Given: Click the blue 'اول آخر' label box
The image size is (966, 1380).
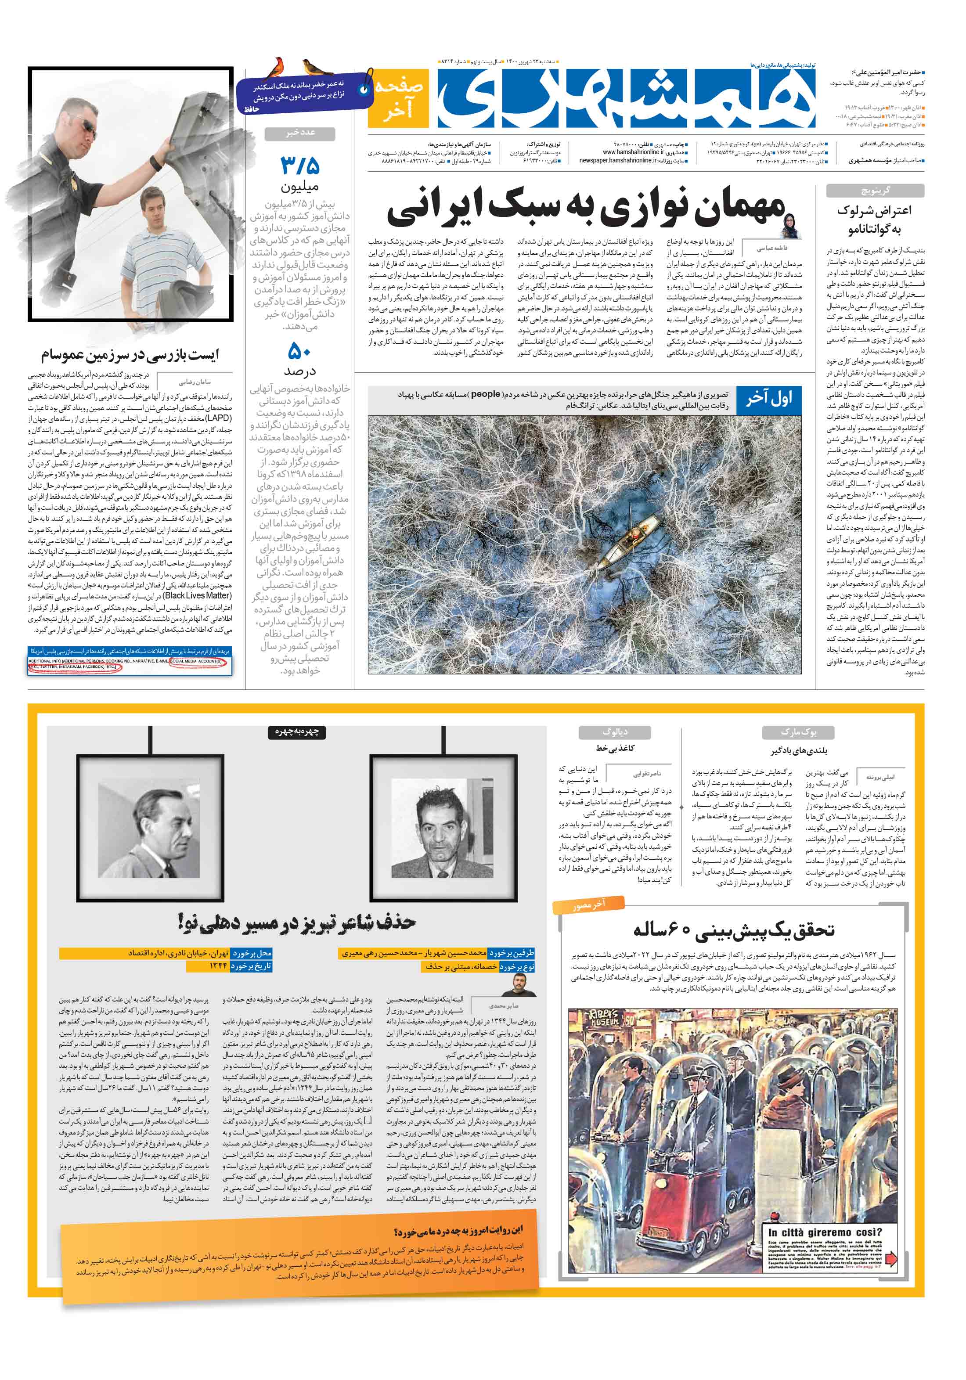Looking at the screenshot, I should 768,399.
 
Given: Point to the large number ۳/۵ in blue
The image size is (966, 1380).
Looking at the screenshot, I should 299,165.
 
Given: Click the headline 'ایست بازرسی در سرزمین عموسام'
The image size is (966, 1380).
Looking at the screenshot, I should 130,355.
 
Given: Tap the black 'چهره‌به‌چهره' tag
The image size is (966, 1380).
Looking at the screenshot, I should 296,731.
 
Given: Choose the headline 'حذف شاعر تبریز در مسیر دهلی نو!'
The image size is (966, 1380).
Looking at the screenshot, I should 296,922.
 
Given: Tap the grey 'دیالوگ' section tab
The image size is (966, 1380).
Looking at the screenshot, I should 614,731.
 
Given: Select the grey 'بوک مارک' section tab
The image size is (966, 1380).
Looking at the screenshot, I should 798,732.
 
